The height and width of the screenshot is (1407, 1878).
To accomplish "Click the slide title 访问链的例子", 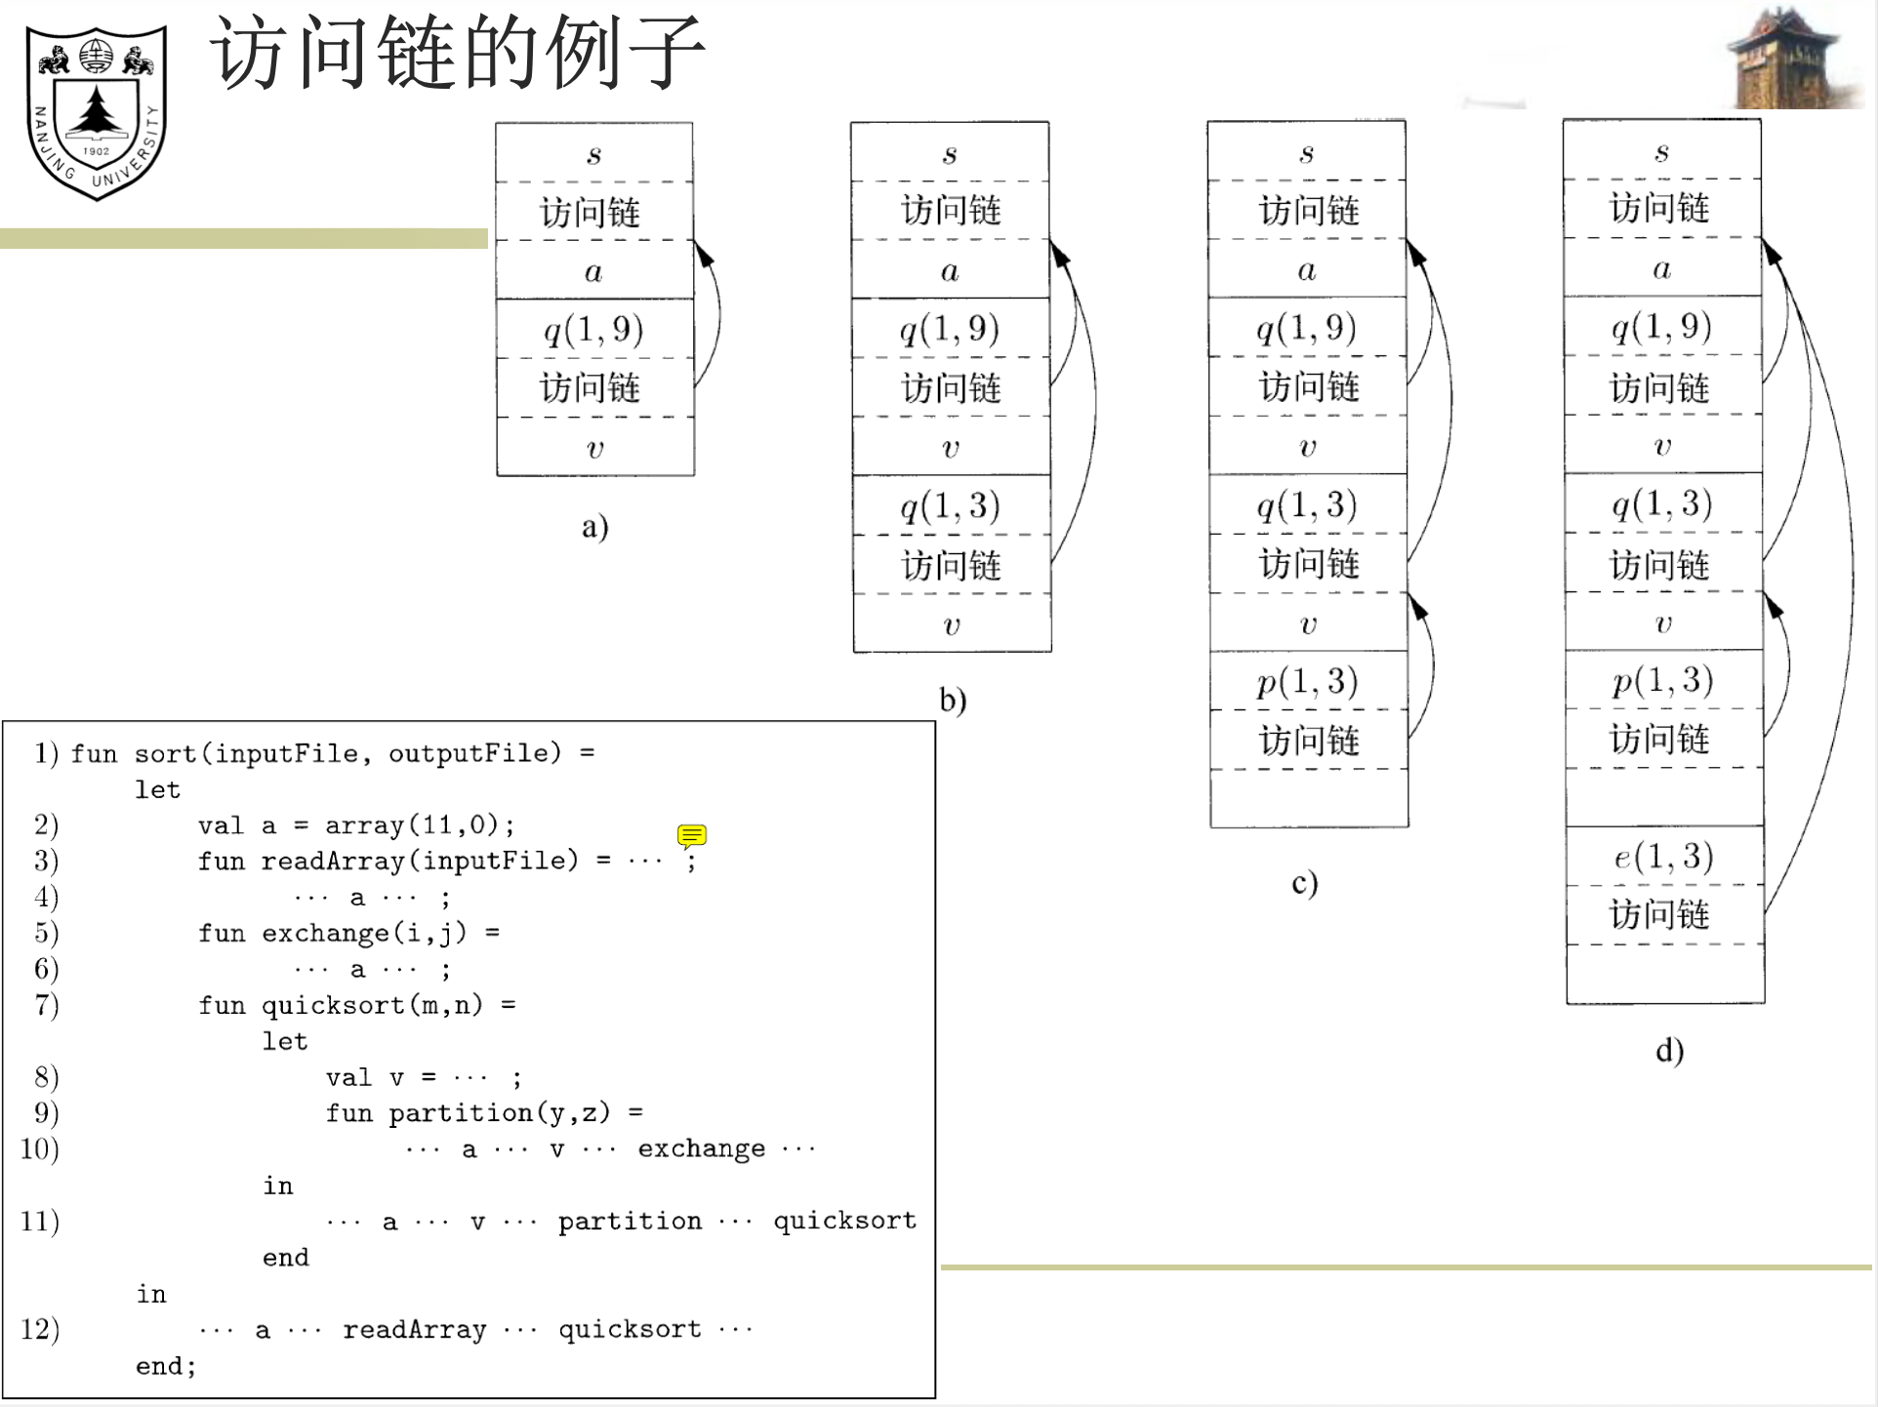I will coord(457,53).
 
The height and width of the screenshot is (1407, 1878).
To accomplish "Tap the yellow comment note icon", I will coord(691,836).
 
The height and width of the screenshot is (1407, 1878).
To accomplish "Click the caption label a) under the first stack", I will coord(594,527).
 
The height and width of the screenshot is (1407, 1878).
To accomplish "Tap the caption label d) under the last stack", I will coord(1669,1051).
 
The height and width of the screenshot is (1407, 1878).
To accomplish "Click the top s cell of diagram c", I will coord(1306,152).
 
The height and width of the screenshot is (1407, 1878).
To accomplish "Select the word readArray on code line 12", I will coord(414,1330).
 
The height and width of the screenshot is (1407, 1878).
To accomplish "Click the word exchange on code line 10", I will coord(701,1149).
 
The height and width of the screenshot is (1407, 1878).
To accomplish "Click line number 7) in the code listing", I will coord(46,1005).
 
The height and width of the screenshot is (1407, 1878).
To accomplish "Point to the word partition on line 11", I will coord(630,1222).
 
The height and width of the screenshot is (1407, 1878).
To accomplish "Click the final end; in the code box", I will coord(165,1366).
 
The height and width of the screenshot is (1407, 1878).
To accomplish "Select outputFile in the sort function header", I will coord(474,753).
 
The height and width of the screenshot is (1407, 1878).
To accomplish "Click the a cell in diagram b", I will coord(950,270).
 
